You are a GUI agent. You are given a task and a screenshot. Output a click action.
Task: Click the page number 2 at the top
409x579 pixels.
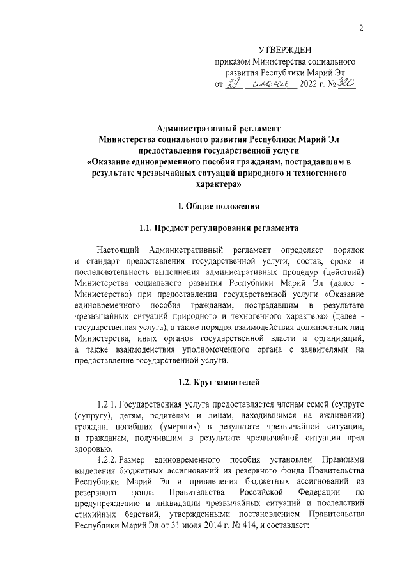361,27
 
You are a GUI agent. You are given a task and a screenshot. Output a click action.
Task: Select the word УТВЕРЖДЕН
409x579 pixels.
285,50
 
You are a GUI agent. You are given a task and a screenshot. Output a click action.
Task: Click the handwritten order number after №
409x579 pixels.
345,84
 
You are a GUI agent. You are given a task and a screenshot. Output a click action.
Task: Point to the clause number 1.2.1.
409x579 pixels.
107,405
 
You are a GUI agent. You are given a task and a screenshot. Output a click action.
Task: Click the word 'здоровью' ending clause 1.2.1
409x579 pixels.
91,448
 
